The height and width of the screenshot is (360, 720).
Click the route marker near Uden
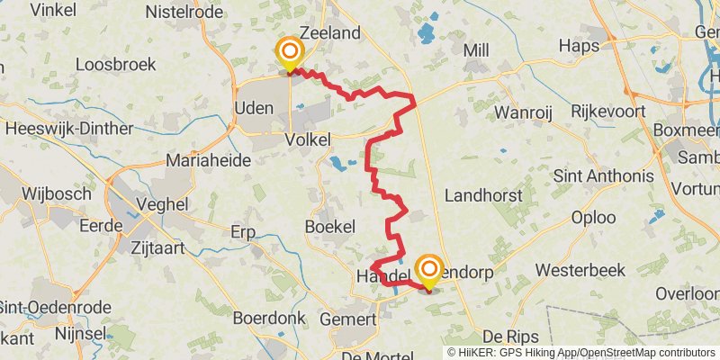(x=289, y=53)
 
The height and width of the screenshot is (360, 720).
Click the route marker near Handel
(x=428, y=270)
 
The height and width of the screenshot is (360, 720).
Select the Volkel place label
(x=307, y=139)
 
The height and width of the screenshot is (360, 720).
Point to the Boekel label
(x=330, y=227)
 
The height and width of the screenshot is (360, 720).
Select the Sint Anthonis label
(x=603, y=175)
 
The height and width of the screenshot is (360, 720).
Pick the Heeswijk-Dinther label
(x=62, y=129)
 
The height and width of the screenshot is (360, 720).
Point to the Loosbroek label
(x=116, y=65)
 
